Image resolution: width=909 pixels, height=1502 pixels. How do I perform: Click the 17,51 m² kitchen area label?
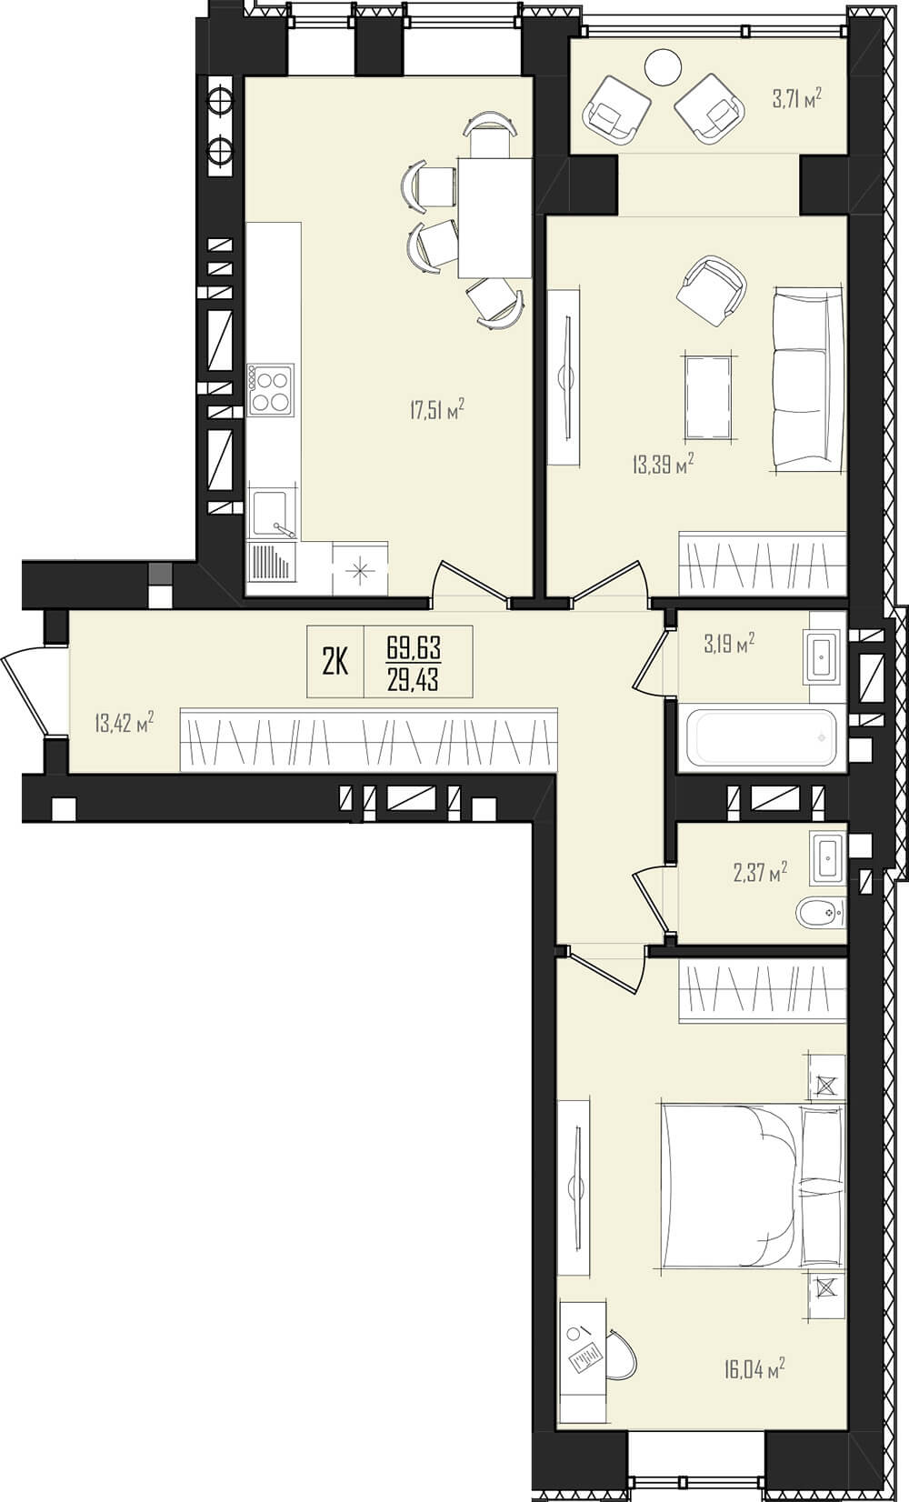437,410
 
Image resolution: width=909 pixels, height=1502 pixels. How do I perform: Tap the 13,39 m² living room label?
663,464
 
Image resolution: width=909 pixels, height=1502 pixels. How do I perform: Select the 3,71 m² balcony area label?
797,100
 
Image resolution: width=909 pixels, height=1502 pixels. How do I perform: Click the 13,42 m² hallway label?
125,724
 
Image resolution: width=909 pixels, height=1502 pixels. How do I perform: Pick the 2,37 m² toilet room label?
760,872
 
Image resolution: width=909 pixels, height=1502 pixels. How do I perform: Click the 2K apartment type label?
335,663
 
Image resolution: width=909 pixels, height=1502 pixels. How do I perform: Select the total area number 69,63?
413,648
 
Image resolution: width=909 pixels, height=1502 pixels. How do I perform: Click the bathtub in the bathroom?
762,737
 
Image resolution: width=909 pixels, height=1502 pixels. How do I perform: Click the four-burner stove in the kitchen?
271,389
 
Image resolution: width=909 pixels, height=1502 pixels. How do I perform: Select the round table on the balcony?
663,67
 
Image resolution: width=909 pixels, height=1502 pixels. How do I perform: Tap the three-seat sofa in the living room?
808,379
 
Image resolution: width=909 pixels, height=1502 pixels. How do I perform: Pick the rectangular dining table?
494,216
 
